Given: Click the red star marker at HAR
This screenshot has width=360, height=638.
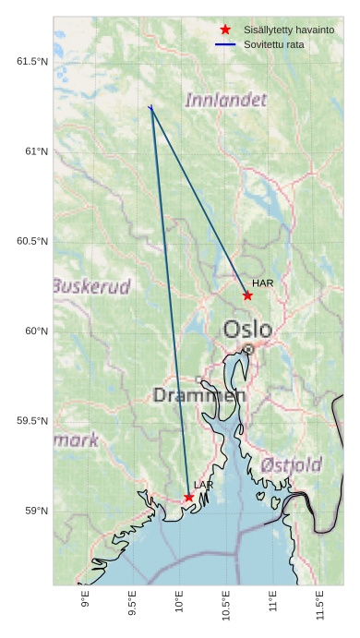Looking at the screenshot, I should tap(247, 295).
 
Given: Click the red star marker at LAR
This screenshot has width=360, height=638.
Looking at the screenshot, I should tap(189, 497).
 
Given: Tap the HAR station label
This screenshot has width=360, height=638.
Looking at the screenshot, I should tap(263, 283).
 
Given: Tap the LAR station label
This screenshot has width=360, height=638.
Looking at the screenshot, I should tap(204, 485).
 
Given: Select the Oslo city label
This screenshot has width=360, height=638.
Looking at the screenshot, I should tap(247, 330).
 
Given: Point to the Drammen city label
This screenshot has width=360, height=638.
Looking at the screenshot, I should tap(199, 395).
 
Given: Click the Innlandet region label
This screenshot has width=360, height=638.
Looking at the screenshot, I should tap(226, 100).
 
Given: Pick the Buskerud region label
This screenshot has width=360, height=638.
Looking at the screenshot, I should tap(91, 285).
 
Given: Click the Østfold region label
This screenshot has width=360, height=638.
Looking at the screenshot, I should tap(291, 463).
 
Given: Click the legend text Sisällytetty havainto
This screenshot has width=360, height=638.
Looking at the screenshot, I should tap(289, 30).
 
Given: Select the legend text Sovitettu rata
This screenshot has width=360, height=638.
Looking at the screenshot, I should tap(273, 44).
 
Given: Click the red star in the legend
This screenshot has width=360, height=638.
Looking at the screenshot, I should tap(225, 30).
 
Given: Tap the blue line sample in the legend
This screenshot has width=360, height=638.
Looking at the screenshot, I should tap(225, 44).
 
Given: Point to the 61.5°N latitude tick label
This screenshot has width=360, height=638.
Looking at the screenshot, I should tap(31, 62).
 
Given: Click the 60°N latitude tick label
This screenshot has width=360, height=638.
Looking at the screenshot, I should tap(35, 331).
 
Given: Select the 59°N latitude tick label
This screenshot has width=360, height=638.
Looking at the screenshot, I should tap(35, 512).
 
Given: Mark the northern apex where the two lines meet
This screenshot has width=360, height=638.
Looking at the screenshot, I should tap(150, 107).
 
